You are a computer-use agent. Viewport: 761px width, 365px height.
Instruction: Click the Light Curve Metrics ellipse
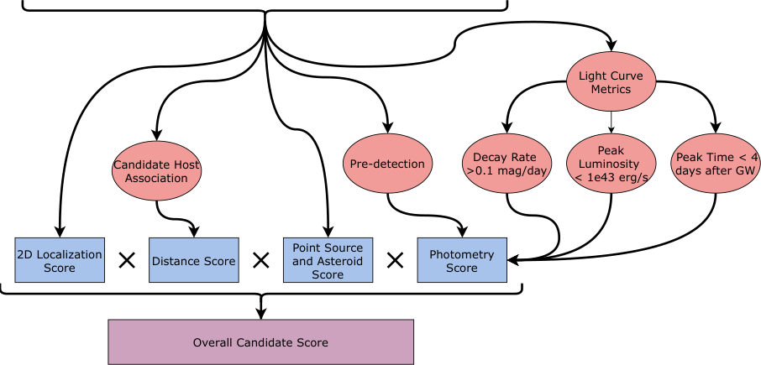coord(611,82)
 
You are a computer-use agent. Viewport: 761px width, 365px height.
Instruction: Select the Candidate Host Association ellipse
coord(156,171)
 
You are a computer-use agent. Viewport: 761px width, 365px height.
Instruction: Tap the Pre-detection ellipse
coord(386,164)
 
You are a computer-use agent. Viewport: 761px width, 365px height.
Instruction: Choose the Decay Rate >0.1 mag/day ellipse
coord(506,164)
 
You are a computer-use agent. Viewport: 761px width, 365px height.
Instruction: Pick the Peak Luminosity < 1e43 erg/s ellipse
coord(611,164)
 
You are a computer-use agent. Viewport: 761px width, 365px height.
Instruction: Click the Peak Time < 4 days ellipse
coord(716,164)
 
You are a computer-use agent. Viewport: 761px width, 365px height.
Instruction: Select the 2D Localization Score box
coord(59,261)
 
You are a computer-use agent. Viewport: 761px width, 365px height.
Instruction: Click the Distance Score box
coord(193,261)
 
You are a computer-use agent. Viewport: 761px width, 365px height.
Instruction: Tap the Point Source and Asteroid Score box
coord(328,261)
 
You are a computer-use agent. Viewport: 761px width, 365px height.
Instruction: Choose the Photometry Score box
coord(462,261)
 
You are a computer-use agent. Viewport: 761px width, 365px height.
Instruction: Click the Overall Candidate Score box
coord(261,342)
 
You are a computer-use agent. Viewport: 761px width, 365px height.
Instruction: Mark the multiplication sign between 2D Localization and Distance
coord(127,261)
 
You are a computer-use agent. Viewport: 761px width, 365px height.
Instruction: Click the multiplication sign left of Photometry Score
coord(395,261)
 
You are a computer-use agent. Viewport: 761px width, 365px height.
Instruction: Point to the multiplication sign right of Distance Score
coord(260,261)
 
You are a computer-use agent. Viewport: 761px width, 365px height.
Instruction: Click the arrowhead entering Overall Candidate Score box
coord(261,314)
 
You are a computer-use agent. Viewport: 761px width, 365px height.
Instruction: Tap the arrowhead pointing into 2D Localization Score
coord(59,232)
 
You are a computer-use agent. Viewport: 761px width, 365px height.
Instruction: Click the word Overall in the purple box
coord(213,342)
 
